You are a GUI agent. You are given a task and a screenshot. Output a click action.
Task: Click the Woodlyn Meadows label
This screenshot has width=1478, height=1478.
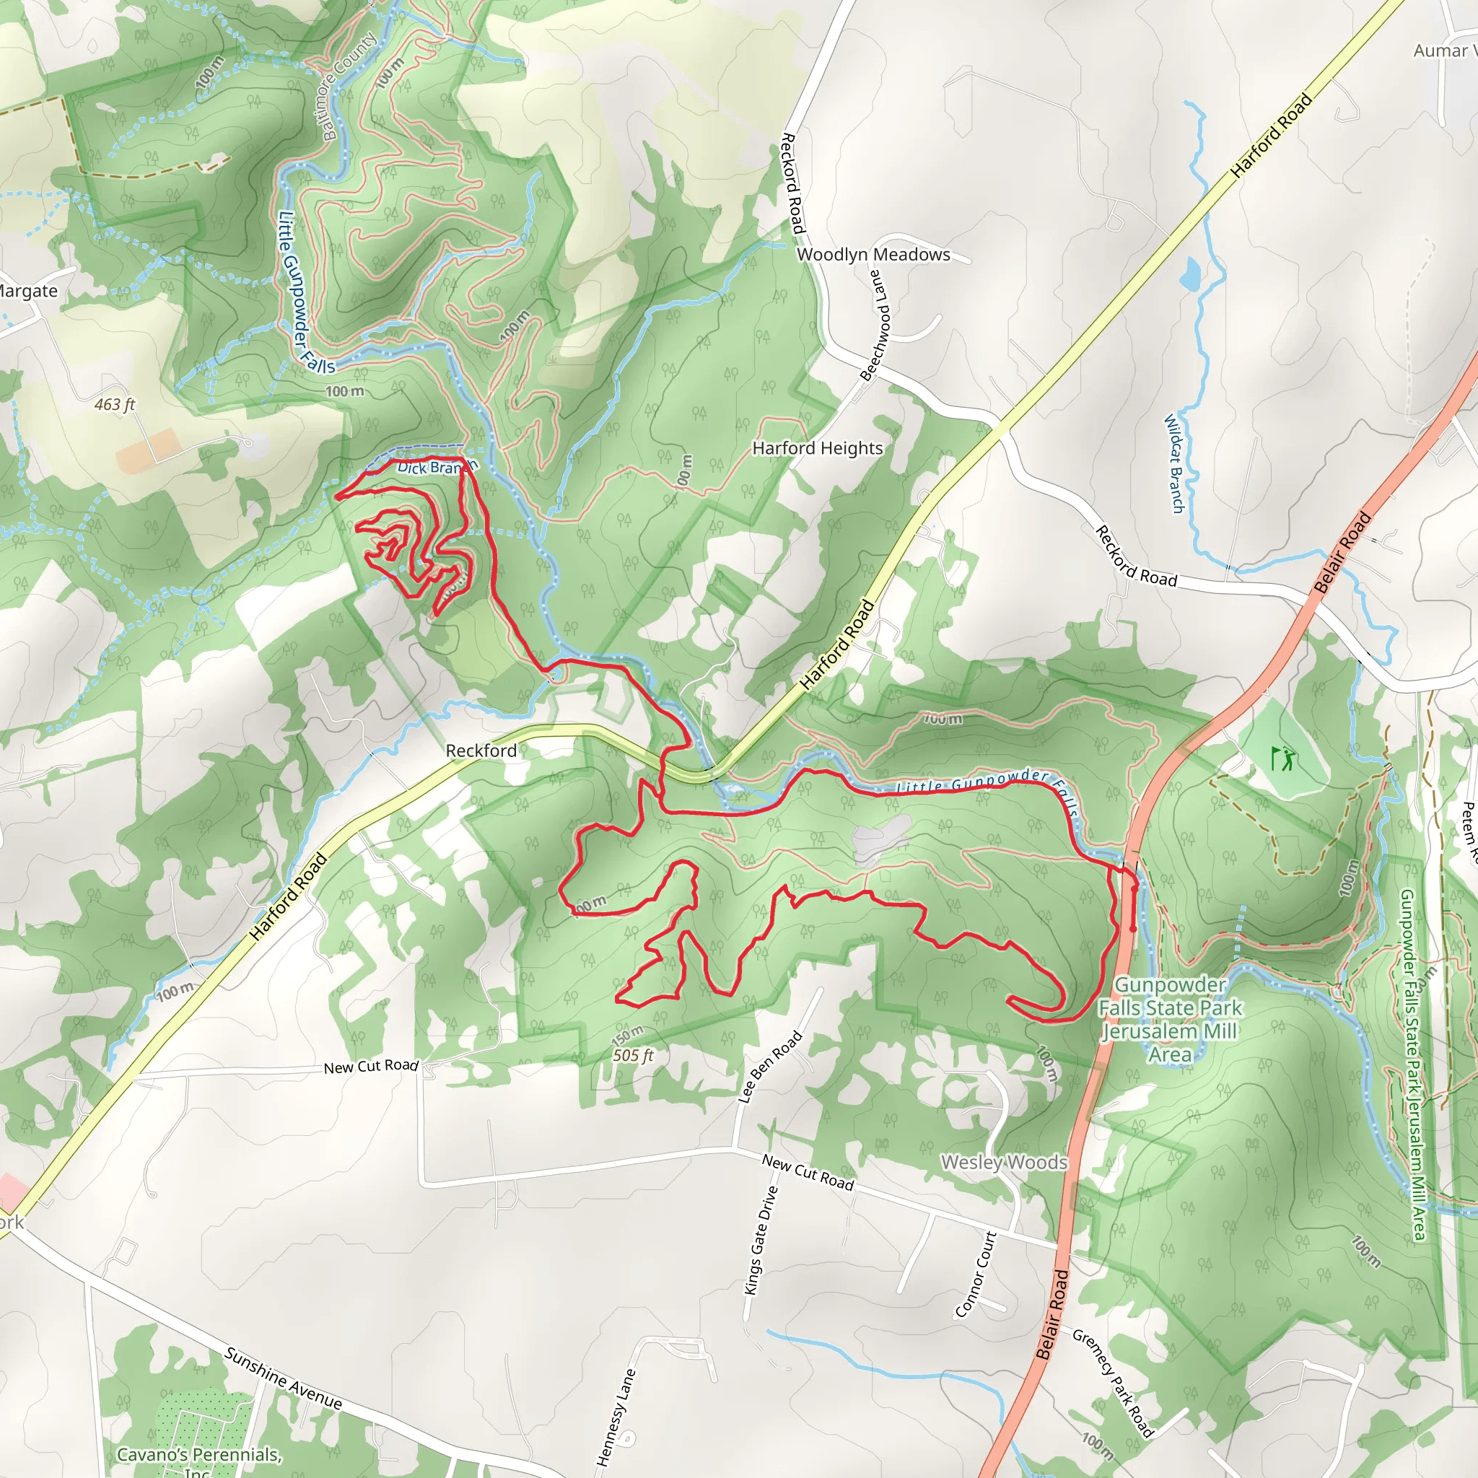(873, 254)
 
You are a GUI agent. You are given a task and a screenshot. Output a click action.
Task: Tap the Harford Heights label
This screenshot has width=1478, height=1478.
(817, 447)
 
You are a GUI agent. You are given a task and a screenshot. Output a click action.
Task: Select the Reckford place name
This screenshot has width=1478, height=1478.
(481, 750)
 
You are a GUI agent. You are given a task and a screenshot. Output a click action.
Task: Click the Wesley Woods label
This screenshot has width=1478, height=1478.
(1004, 1161)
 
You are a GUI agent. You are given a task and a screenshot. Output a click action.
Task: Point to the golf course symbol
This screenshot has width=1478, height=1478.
(1283, 758)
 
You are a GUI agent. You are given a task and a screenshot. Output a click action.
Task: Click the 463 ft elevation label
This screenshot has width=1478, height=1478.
(114, 404)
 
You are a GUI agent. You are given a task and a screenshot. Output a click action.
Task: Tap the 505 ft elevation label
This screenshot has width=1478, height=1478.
(633, 1056)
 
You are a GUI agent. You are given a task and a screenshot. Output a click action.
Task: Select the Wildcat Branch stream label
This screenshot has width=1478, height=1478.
(1173, 463)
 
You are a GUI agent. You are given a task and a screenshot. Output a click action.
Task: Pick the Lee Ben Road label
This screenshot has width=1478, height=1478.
(769, 1067)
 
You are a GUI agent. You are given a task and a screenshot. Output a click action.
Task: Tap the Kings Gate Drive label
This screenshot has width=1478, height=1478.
(761, 1240)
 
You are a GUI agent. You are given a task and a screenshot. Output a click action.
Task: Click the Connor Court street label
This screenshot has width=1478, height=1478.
(976, 1274)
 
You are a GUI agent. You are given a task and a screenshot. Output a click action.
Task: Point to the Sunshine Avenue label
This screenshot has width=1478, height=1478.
(282, 1378)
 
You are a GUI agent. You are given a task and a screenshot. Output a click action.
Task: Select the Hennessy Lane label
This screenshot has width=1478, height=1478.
(616, 1417)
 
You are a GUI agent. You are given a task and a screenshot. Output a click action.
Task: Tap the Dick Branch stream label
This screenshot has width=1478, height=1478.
(436, 467)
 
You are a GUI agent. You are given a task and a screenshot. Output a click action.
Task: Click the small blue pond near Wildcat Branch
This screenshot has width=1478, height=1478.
(1189, 274)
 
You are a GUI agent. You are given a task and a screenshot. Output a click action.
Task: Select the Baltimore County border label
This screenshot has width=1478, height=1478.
(349, 85)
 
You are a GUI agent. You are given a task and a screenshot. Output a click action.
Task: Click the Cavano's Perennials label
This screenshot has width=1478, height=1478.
(199, 1456)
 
